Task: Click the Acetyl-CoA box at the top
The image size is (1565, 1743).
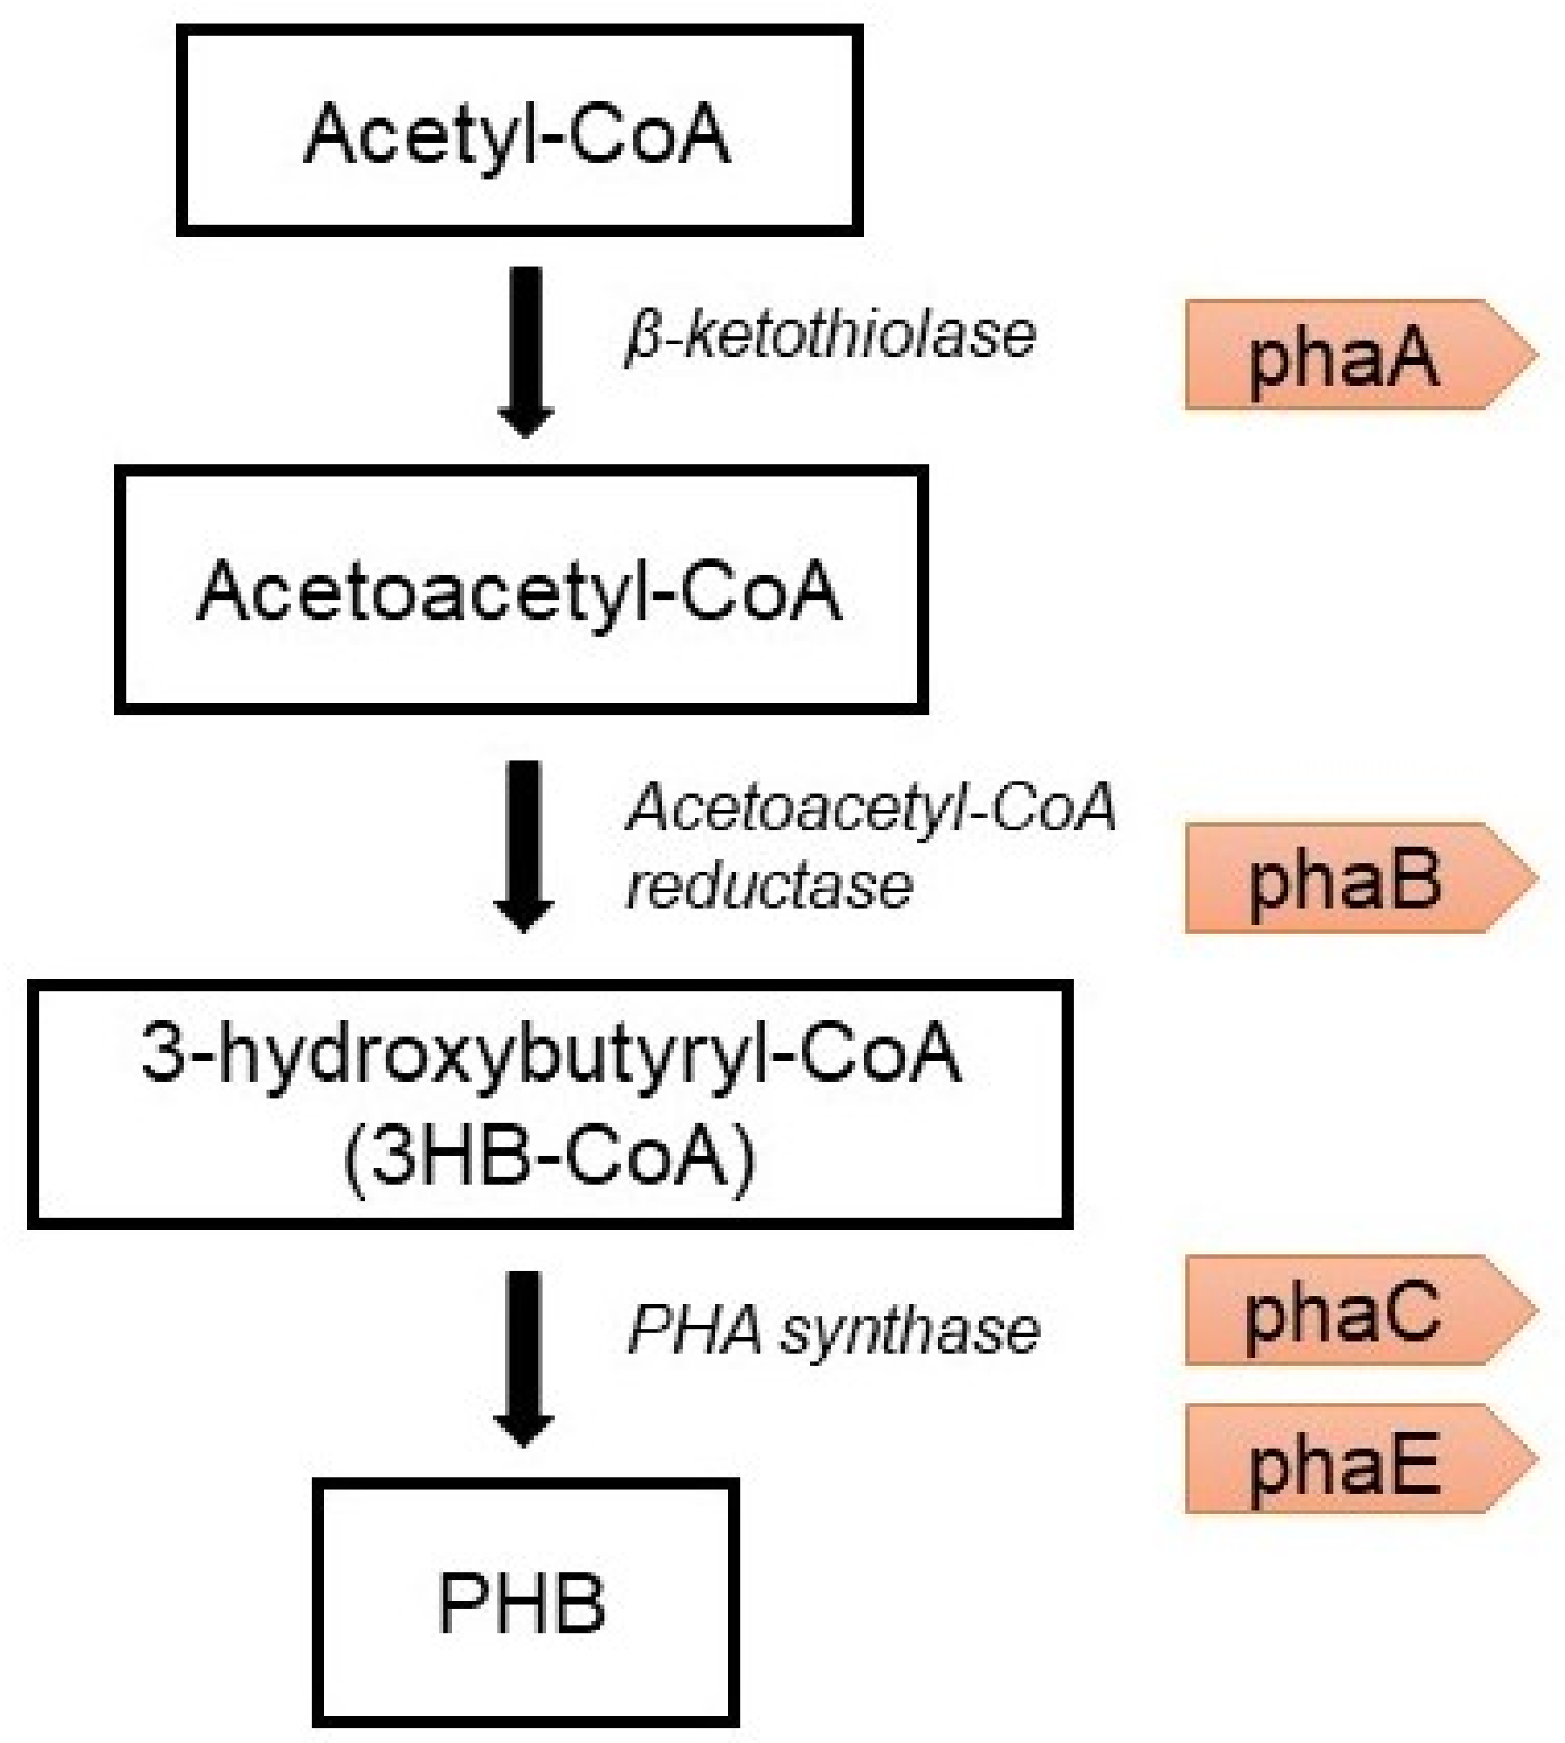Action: pos(519,131)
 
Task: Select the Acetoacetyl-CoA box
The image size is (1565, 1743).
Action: pos(521,591)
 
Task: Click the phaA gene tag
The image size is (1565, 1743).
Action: pos(1346,355)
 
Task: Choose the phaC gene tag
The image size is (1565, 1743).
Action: pos(1346,1311)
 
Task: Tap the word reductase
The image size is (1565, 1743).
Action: pos(770,887)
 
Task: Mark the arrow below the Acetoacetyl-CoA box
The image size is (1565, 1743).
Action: pos(526,845)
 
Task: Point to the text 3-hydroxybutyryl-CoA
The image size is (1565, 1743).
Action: pos(550,1056)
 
